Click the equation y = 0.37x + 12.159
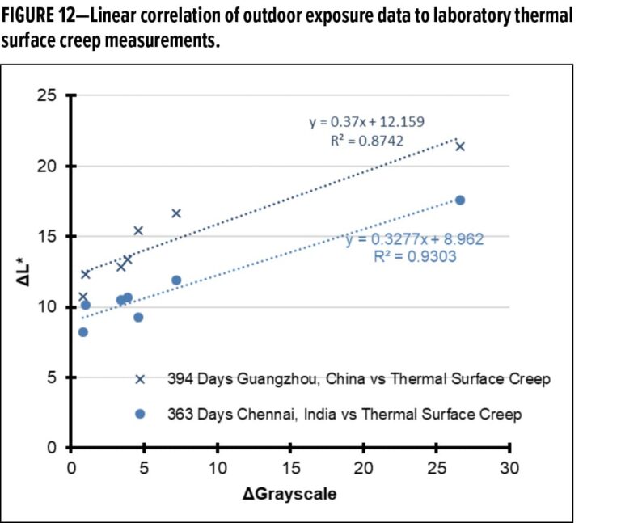pyautogui.click(x=367, y=121)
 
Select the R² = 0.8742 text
pyautogui.click(x=367, y=141)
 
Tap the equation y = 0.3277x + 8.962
pyautogui.click(x=415, y=239)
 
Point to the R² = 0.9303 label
pyautogui.click(x=415, y=256)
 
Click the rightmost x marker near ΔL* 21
pyautogui.click(x=460, y=147)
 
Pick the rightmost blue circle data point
pyautogui.click(x=460, y=200)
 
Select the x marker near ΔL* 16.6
pyautogui.click(x=176, y=213)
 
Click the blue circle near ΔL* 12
pyautogui.click(x=176, y=280)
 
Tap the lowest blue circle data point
pyautogui.click(x=83, y=332)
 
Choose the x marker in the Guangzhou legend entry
pyautogui.click(x=140, y=379)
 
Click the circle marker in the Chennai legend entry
pyautogui.click(x=140, y=414)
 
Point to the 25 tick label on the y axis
pyautogui.click(x=47, y=95)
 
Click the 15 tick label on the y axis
pyautogui.click(x=47, y=236)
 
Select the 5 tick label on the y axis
pyautogui.click(x=52, y=377)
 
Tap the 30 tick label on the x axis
pyautogui.click(x=509, y=468)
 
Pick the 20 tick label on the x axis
pyautogui.click(x=363, y=468)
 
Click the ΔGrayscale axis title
pyautogui.click(x=289, y=494)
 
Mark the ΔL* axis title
pyautogui.click(x=23, y=272)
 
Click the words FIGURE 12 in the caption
pyautogui.click(x=38, y=16)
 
